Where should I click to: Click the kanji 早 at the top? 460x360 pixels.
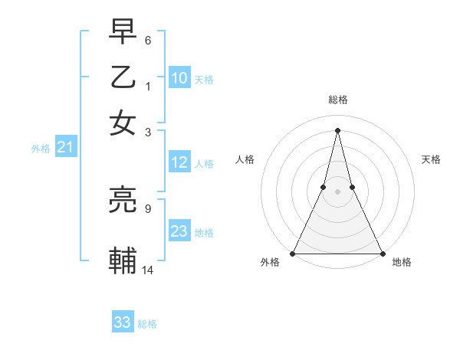(x=123, y=34)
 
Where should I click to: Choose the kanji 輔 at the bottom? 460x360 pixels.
(x=123, y=261)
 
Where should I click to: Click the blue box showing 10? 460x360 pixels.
(x=179, y=77)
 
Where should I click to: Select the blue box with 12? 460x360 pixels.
(x=179, y=162)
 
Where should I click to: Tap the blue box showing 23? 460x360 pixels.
(x=179, y=231)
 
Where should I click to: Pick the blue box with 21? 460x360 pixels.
(x=65, y=148)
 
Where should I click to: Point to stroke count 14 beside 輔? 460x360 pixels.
(x=147, y=269)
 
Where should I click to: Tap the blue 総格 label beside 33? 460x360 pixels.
(x=148, y=324)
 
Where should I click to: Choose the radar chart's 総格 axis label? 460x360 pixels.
(x=337, y=100)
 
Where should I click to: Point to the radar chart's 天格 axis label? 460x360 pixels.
(x=431, y=159)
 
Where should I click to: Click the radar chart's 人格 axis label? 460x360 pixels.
(x=245, y=159)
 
